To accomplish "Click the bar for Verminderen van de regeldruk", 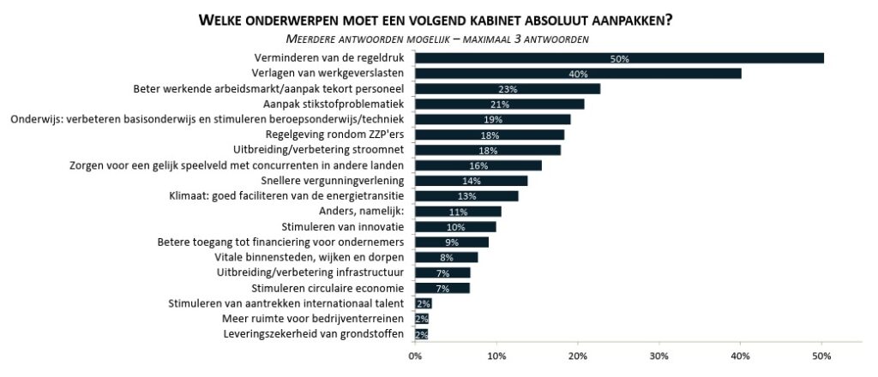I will click(619, 58).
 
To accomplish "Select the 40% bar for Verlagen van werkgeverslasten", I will click(578, 74).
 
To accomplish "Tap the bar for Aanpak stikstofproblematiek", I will click(499, 104).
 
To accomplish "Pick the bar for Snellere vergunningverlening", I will click(471, 181).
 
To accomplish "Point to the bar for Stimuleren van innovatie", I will click(455, 227).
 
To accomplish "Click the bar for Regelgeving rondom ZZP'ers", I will click(490, 135).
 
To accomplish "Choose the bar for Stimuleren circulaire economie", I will click(442, 288).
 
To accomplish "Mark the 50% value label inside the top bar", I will click(620, 58).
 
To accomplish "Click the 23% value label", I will click(508, 89).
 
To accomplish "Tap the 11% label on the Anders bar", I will click(459, 212).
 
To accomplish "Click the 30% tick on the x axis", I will click(659, 356).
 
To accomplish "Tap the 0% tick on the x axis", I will click(415, 356).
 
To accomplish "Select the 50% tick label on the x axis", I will click(821, 356).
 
